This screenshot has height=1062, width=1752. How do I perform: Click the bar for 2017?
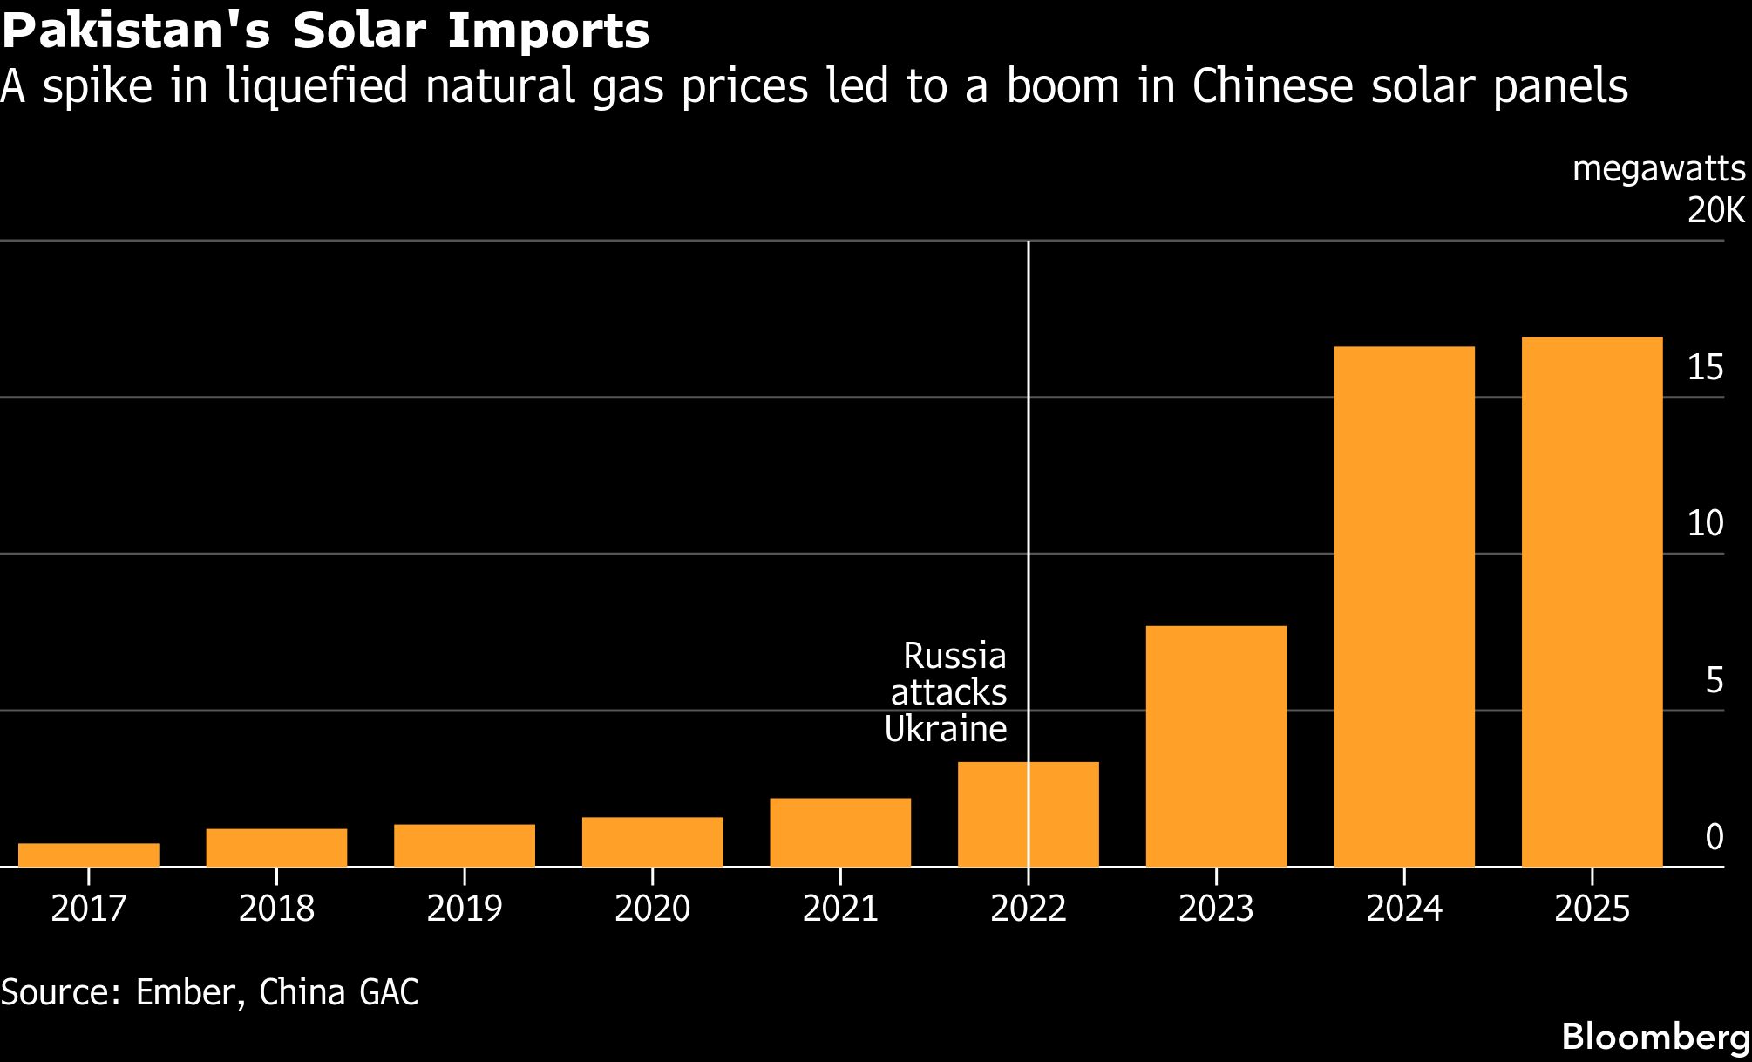(x=88, y=854)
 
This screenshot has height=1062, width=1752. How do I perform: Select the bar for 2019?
(x=464, y=845)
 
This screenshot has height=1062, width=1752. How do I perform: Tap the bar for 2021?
(x=839, y=832)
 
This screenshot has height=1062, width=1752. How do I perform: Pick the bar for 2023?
(x=1216, y=745)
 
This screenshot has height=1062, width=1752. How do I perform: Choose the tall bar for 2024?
(x=1403, y=606)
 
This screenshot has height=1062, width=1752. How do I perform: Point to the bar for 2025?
(x=1592, y=602)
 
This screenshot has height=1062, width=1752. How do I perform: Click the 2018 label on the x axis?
(x=276, y=909)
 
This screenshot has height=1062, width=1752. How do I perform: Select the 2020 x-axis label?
(x=652, y=909)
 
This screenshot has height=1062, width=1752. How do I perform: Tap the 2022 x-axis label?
(x=1029, y=909)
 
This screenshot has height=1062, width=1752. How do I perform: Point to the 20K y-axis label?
(x=1715, y=210)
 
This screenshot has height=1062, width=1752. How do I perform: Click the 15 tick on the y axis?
(x=1705, y=368)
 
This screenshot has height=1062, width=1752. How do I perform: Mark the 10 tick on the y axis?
(x=1705, y=523)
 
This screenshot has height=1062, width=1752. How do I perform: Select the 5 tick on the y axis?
(x=1715, y=680)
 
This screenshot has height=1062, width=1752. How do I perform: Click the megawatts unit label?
(x=1659, y=169)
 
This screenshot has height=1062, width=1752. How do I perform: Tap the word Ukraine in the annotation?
(x=946, y=729)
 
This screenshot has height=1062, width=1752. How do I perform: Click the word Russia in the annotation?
(x=954, y=656)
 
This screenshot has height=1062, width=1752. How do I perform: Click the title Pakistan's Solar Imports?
(x=325, y=31)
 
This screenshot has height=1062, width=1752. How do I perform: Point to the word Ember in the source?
(x=185, y=992)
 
